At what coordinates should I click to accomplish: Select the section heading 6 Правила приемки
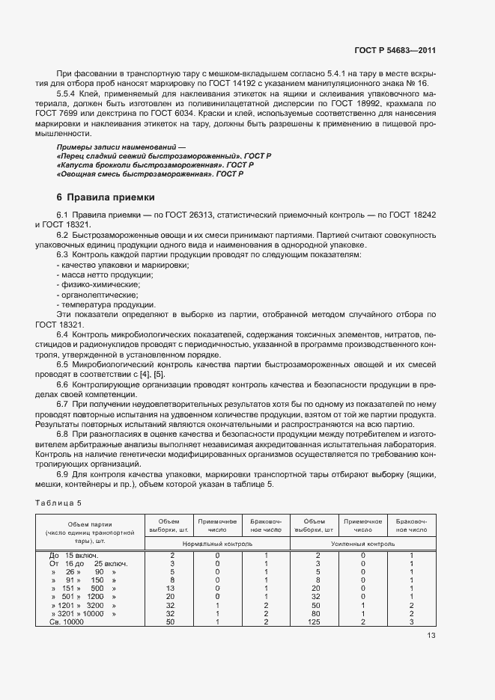point(106,198)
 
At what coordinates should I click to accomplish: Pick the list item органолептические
point(91,295)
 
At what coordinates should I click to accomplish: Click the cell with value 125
point(318,621)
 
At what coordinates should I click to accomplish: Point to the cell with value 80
point(318,613)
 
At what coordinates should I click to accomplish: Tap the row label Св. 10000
point(67,621)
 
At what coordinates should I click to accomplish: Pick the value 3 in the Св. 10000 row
point(411,621)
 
